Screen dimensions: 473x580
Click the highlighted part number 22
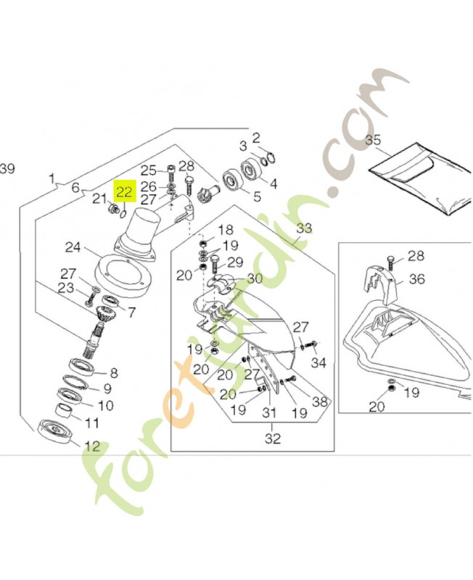pyautogui.click(x=125, y=191)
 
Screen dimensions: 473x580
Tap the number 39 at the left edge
pyautogui.click(x=7, y=169)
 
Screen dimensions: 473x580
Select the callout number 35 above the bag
pyautogui.click(x=373, y=140)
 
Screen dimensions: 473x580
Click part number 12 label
pyautogui.click(x=91, y=446)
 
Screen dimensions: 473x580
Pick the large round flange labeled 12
pyautogui.click(x=57, y=431)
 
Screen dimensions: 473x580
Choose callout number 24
pyautogui.click(x=73, y=247)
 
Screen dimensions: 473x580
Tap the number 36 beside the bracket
pyautogui.click(x=417, y=278)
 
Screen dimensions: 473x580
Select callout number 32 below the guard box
pyautogui.click(x=273, y=439)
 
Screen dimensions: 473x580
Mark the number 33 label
pyautogui.click(x=304, y=228)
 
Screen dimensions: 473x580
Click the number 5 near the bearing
pyautogui.click(x=257, y=196)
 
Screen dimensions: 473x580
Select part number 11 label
pyautogui.click(x=91, y=423)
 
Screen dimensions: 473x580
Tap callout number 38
pyautogui.click(x=320, y=402)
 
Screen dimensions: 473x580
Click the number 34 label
pyautogui.click(x=318, y=363)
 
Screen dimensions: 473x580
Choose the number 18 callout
pyautogui.click(x=225, y=230)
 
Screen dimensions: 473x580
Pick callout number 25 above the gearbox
pyautogui.click(x=149, y=170)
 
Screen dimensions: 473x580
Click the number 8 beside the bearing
pyautogui.click(x=114, y=373)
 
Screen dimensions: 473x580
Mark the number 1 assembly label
pyautogui.click(x=52, y=178)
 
